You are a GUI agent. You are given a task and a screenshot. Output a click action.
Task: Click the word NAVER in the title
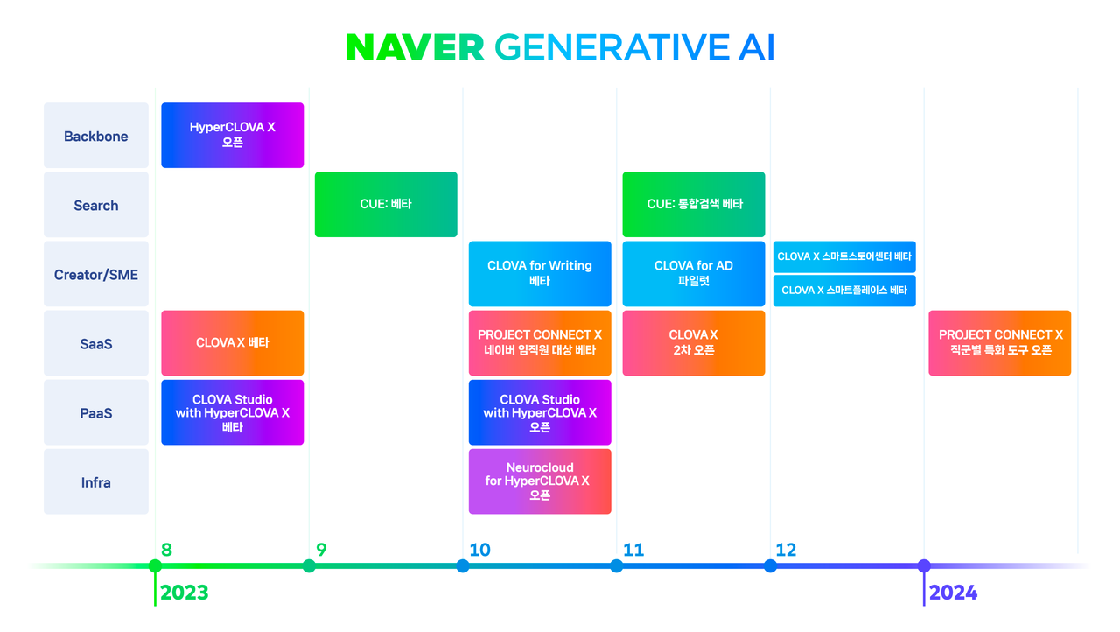[415, 48]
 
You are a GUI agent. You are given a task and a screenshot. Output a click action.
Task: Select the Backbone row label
[96, 137]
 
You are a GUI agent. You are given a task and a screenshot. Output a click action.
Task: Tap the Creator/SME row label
[96, 275]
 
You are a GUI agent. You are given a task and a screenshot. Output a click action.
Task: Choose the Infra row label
[96, 482]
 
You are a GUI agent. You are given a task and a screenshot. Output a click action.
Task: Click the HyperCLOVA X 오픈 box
[233, 135]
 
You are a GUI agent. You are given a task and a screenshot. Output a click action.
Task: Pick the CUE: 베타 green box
[386, 204]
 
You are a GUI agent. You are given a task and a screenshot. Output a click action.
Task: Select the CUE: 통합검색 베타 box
[694, 204]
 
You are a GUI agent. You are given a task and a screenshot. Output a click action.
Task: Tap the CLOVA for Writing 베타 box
[540, 273]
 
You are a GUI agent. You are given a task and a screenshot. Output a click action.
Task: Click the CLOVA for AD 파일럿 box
[694, 273]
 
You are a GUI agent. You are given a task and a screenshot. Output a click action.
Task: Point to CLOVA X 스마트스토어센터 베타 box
[844, 256]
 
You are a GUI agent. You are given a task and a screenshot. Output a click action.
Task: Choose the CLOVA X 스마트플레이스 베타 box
[844, 291]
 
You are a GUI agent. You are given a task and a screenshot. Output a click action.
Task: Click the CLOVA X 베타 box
[233, 343]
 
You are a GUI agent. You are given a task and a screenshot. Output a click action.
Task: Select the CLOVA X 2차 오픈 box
[694, 343]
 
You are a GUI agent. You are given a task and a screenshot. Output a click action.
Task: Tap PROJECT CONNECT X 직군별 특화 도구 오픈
[1000, 343]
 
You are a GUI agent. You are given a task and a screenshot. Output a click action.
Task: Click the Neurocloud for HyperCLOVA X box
[540, 481]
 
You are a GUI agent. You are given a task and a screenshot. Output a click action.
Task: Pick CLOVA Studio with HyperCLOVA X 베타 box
[233, 412]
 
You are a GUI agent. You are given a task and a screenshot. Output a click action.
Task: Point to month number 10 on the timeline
[479, 550]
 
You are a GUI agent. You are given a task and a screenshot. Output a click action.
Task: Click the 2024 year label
[953, 593]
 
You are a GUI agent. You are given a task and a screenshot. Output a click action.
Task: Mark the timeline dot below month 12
[770, 566]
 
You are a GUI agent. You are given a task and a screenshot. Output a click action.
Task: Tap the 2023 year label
[185, 593]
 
